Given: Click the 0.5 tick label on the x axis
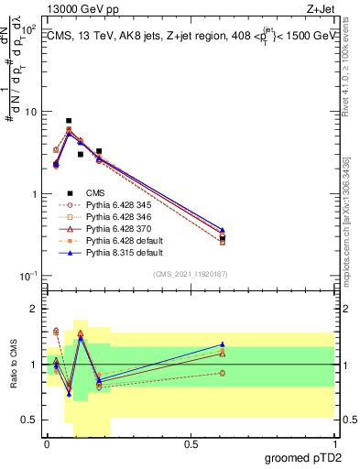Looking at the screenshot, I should (x=191, y=444).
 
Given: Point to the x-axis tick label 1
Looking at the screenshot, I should (x=333, y=444).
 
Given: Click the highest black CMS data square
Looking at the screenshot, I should (x=69, y=121).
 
